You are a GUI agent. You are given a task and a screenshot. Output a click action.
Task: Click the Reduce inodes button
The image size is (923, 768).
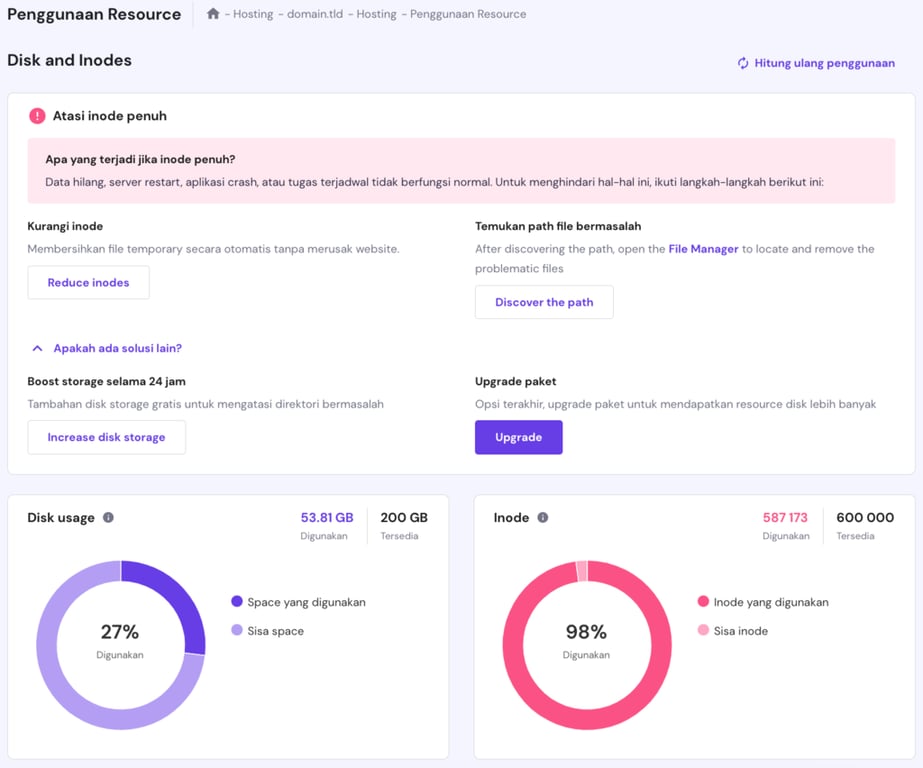[88, 283]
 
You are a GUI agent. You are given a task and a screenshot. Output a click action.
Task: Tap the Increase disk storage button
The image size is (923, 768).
[106, 437]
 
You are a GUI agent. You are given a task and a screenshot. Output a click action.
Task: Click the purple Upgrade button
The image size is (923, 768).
[518, 437]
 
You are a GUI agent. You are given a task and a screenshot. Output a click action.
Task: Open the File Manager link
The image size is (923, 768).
[703, 249]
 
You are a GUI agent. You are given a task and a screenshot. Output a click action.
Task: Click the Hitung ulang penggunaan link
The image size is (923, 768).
[816, 63]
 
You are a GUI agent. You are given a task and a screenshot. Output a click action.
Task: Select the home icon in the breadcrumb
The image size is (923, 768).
[213, 14]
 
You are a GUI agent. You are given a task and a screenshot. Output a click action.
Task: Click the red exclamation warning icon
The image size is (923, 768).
[37, 116]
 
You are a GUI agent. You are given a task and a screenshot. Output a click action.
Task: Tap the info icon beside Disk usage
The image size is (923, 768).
[108, 518]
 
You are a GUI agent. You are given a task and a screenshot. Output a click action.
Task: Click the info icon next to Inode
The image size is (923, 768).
[543, 518]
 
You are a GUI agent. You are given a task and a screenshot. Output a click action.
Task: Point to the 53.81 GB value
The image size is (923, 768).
[327, 518]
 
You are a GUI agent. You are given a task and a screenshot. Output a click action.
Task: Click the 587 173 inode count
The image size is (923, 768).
[785, 518]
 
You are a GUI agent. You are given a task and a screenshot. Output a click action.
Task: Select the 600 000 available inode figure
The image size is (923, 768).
[865, 518]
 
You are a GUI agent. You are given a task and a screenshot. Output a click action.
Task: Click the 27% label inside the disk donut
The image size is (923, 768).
[120, 632]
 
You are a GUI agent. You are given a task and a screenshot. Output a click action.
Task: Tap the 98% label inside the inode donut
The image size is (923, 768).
[586, 632]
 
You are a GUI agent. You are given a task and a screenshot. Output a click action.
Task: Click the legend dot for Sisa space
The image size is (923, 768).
[237, 631]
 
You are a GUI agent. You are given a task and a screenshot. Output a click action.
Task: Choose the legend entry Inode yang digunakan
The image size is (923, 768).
[770, 602]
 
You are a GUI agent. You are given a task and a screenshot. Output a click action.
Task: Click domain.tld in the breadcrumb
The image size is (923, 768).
[314, 14]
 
